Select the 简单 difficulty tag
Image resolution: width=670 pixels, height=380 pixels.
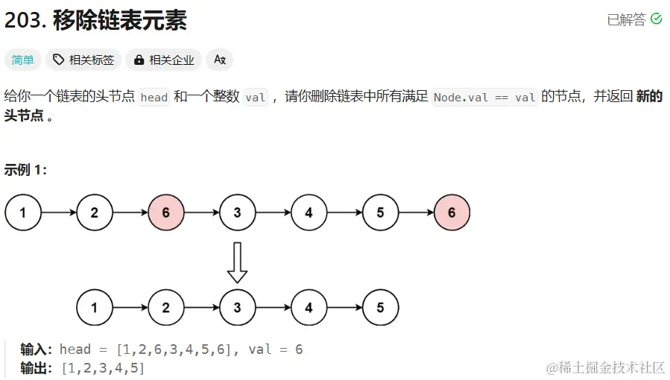(x=23, y=60)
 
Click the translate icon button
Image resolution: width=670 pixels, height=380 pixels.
(x=220, y=60)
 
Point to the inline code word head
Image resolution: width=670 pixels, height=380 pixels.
(x=154, y=98)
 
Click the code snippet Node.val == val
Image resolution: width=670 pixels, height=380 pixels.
(x=484, y=98)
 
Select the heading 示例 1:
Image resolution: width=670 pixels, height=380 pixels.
(x=25, y=170)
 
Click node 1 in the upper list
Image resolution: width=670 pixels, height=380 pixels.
(x=23, y=213)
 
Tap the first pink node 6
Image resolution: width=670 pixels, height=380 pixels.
(x=165, y=213)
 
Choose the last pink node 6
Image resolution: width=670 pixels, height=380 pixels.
(x=452, y=213)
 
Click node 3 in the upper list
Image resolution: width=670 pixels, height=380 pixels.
(x=237, y=213)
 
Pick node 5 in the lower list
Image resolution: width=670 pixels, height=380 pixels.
(x=380, y=307)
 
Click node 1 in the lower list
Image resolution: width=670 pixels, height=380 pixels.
(x=95, y=307)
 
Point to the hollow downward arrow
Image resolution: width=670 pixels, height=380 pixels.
(x=237, y=262)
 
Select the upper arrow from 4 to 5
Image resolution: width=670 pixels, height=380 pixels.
(x=344, y=213)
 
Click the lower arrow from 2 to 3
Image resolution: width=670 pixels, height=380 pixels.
(x=201, y=307)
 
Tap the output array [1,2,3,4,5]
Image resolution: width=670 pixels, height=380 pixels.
(x=103, y=368)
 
